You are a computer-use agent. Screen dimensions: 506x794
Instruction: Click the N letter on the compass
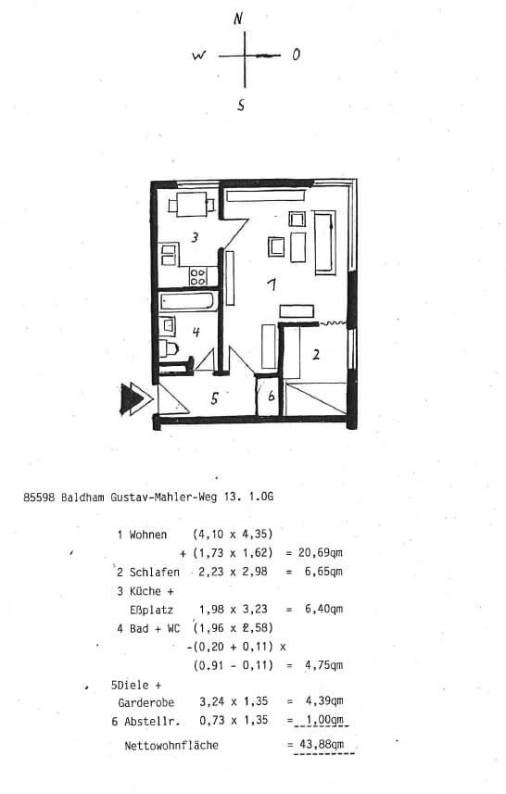point(238,19)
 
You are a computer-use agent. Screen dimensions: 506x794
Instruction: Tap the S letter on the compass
point(241,105)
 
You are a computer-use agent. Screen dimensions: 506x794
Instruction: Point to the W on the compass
point(199,56)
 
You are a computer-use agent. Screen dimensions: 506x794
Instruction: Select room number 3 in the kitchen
point(195,236)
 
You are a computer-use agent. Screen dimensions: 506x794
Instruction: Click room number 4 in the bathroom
point(196,332)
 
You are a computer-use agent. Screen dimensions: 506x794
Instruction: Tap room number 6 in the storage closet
point(271,396)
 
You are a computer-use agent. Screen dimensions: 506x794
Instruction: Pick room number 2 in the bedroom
point(316,355)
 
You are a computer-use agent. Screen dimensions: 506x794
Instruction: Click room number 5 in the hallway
point(215,398)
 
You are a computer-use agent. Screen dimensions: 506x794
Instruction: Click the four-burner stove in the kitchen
point(197,276)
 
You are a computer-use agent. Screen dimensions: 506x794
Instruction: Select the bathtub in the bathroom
point(188,302)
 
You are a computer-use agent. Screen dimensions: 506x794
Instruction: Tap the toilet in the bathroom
point(169,349)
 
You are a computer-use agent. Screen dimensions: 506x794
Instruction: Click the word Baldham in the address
point(82,497)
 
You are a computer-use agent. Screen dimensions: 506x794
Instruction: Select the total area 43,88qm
point(320,744)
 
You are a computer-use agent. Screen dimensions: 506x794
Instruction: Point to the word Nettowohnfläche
point(171,746)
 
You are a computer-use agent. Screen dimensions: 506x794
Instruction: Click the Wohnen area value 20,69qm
point(320,552)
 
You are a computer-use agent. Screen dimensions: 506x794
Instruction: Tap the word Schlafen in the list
point(155,573)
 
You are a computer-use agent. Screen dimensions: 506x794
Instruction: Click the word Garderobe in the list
point(145,703)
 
